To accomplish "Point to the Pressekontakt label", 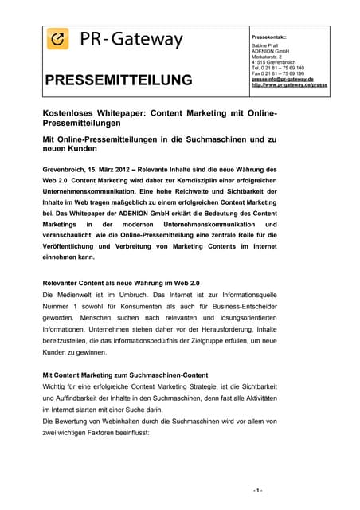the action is click(x=268, y=37).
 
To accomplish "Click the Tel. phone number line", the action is click(x=277, y=68).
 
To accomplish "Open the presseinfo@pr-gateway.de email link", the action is click(x=283, y=80).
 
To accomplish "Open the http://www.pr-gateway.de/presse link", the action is click(x=289, y=84).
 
